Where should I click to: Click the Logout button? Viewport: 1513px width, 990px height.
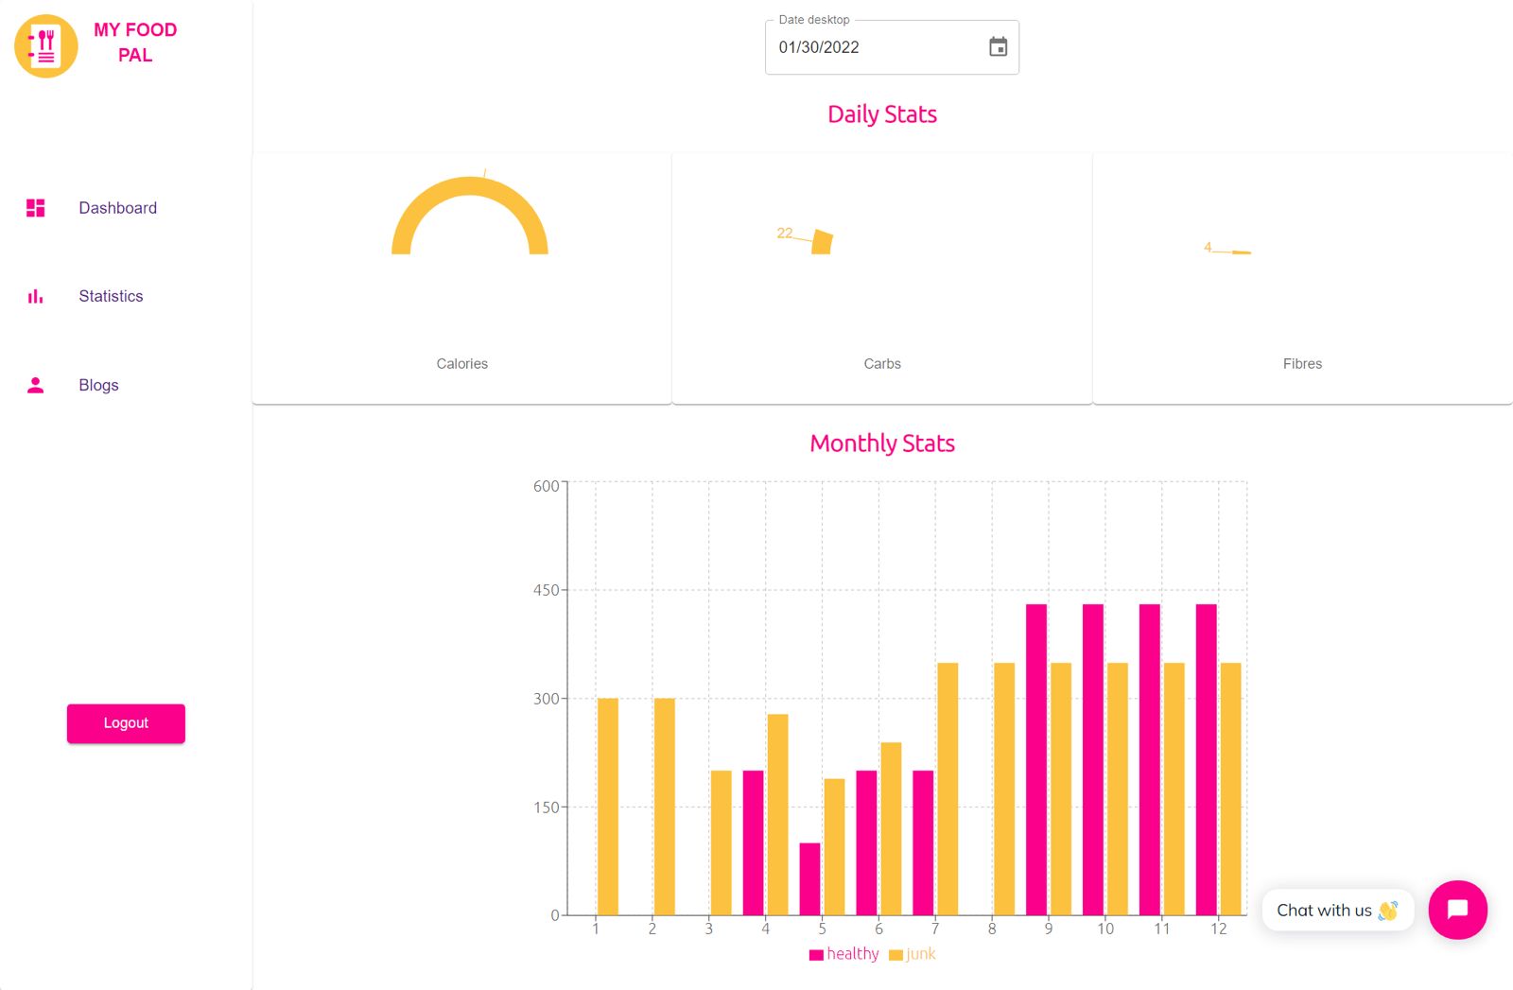[x=126, y=723]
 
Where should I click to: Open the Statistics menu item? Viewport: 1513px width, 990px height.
[x=111, y=296]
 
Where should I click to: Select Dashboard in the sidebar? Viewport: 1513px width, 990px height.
[x=117, y=208]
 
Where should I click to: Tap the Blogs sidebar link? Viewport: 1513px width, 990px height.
[x=98, y=385]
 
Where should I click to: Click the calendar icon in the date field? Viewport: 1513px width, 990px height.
[x=998, y=47]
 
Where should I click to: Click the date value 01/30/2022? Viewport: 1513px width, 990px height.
[x=819, y=47]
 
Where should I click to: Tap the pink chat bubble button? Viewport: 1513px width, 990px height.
[x=1457, y=910]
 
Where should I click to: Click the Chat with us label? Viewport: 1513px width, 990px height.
[x=1324, y=911]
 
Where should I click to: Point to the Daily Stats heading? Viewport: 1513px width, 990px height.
[x=882, y=114]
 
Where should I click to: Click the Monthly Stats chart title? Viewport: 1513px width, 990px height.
[x=882, y=443]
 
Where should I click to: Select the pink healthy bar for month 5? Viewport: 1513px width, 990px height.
[x=809, y=878]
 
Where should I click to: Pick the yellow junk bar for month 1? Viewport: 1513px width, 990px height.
[x=608, y=806]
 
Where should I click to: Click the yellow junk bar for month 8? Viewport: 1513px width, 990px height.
[x=1004, y=789]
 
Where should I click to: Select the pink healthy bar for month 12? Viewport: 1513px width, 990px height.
[x=1206, y=758]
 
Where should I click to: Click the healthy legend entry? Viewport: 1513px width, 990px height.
[x=844, y=954]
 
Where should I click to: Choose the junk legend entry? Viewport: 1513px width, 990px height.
[x=913, y=954]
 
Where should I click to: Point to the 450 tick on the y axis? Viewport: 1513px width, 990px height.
[x=546, y=590]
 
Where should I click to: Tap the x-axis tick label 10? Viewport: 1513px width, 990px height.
[x=1104, y=929]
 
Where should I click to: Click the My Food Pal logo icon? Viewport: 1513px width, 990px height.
[x=45, y=45]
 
